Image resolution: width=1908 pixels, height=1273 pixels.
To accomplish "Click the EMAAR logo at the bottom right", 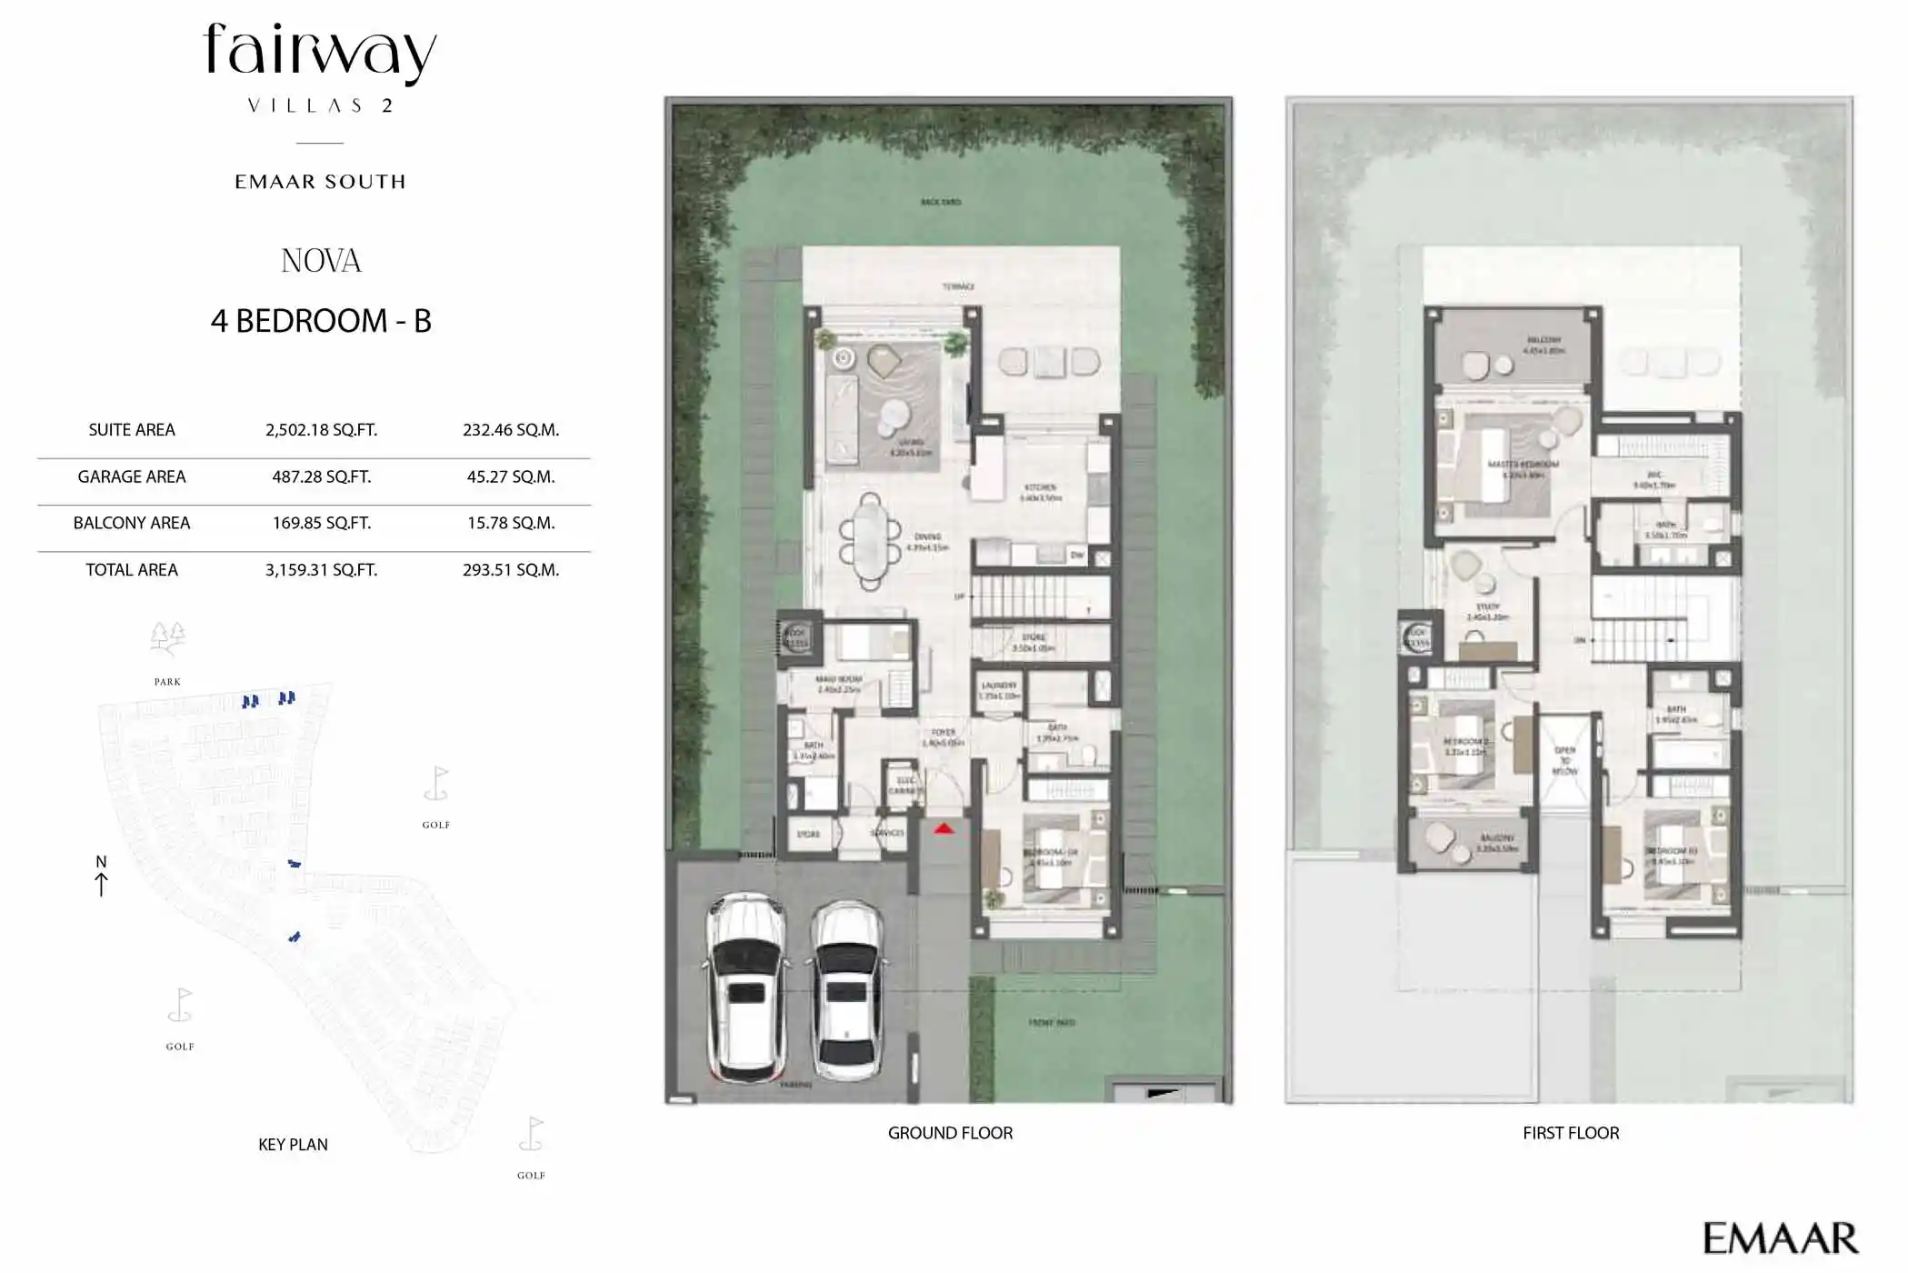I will pos(1780,1238).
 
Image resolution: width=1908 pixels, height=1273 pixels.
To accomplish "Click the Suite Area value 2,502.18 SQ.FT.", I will pos(321,430).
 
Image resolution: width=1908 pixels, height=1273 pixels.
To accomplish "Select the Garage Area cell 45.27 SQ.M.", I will pos(510,476).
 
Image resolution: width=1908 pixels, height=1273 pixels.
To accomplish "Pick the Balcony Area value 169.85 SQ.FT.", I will pos(321,523).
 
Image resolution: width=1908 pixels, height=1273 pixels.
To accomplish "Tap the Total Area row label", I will pos(132,570).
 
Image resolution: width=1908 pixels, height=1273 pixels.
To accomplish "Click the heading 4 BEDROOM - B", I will pos(321,321).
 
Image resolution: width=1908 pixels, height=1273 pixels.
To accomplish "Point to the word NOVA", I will pos(321,262).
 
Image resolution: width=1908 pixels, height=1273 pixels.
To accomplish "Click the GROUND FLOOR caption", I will pos(950,1133).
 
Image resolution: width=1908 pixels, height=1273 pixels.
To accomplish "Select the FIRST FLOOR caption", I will pos(1571,1133).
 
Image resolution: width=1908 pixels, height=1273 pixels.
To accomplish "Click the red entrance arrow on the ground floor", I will pos(944,828).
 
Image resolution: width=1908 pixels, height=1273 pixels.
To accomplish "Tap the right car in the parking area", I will pos(847,991).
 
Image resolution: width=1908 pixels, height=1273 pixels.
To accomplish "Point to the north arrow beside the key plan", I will pos(101,882).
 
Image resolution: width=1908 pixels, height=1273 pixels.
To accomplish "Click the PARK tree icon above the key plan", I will pos(167,638).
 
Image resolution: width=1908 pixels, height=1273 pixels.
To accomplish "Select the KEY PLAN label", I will pos(293,1145).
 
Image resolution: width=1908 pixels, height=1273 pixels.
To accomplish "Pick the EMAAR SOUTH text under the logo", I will pos(320,182).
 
